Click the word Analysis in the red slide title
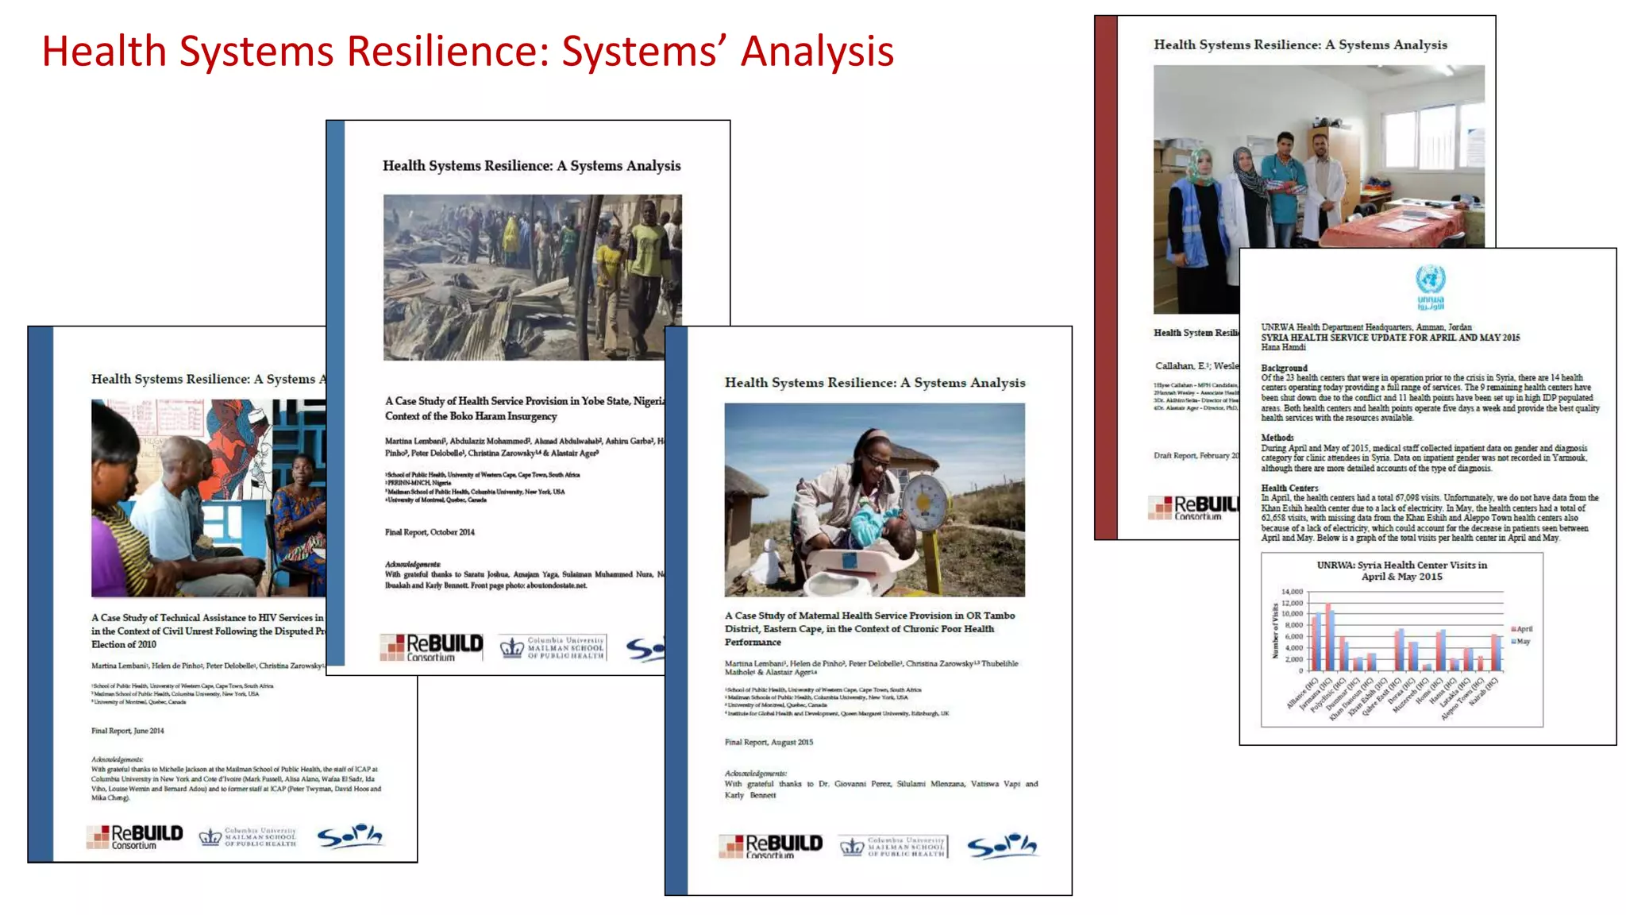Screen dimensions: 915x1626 817,52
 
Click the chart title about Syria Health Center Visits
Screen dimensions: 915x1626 1401,570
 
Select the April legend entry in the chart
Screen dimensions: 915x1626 1522,629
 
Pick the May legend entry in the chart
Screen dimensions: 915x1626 1520,641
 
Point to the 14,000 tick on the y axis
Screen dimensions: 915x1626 1292,592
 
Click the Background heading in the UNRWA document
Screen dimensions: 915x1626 1284,368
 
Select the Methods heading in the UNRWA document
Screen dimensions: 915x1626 1277,438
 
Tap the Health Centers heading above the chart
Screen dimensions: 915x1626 1289,488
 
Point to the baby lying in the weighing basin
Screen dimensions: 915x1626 882,531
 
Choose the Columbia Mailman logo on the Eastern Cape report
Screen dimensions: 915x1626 893,847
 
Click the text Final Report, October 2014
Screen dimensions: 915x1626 430,532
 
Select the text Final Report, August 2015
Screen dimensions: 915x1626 769,742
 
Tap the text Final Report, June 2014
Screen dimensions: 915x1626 127,731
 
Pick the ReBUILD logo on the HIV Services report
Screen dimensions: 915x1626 135,836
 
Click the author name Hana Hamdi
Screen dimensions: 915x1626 1283,347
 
